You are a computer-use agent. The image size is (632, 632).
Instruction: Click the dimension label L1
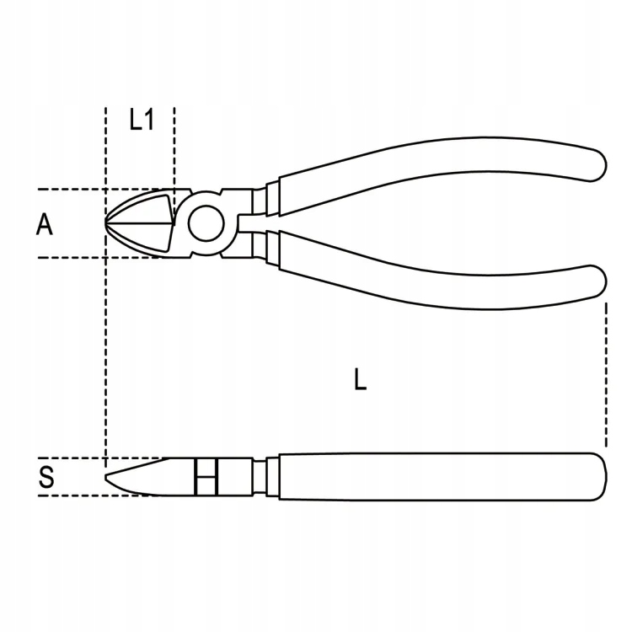point(142,121)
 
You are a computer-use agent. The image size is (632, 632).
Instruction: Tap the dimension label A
point(46,224)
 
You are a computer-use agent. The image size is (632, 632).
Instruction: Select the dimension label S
point(47,478)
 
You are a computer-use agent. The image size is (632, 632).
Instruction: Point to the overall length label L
point(360,380)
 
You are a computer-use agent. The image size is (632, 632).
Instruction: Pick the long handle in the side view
point(438,477)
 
